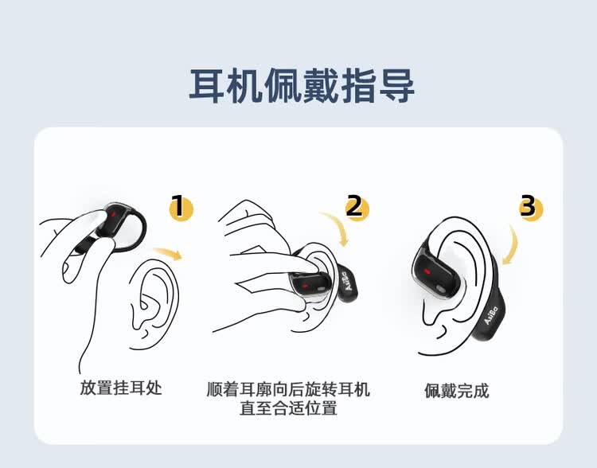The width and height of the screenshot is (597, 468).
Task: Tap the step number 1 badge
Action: (x=182, y=209)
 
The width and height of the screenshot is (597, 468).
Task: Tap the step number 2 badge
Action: (x=357, y=209)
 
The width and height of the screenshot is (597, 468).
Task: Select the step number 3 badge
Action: (x=529, y=209)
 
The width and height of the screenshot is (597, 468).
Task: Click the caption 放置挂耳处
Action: (x=121, y=388)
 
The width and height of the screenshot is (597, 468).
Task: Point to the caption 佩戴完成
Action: (x=456, y=391)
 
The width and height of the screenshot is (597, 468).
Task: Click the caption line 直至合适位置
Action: (x=288, y=409)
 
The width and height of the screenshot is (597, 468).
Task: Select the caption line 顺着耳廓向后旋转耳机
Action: (x=288, y=389)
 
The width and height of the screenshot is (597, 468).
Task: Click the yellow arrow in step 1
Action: (x=167, y=254)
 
